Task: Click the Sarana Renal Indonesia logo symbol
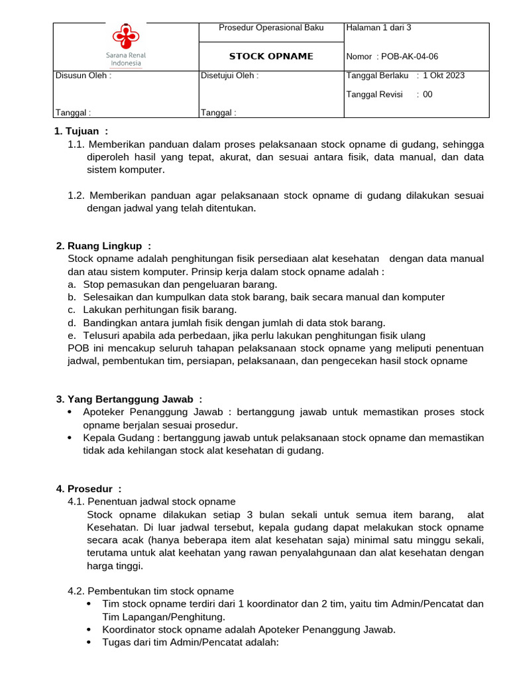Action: (125, 36)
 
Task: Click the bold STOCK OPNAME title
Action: (271, 56)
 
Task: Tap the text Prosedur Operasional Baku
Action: (271, 28)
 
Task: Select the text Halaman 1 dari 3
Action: (378, 28)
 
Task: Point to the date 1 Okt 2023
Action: (443, 76)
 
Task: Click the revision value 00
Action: (427, 94)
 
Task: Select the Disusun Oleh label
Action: (83, 76)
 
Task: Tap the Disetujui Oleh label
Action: (229, 76)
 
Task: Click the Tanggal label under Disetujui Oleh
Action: (218, 113)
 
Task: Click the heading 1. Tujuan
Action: (81, 131)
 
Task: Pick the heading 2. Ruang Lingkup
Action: (104, 246)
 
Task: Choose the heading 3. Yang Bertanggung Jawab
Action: (129, 399)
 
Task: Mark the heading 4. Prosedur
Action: (89, 489)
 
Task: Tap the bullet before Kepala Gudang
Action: (71, 438)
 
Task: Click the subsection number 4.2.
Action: (76, 591)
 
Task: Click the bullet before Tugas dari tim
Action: (89, 643)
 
